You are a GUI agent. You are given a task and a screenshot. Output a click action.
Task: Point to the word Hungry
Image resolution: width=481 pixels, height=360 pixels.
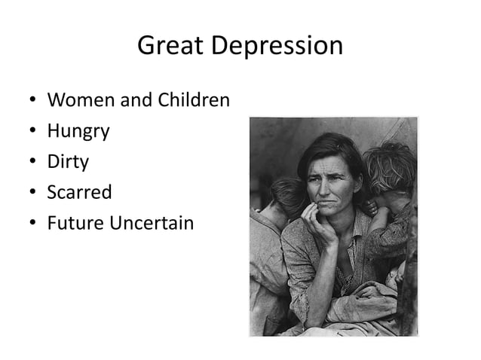click(x=78, y=132)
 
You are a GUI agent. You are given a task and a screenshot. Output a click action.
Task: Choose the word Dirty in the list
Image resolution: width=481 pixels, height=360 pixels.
click(x=68, y=162)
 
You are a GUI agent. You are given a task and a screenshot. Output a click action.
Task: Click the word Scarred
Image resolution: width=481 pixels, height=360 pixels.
click(x=79, y=192)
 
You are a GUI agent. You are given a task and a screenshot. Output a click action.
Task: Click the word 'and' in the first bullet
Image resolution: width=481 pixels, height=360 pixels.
click(x=136, y=99)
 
